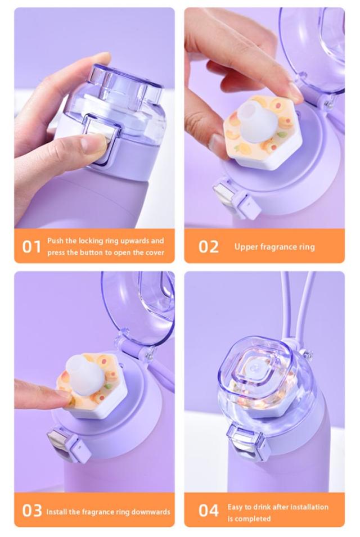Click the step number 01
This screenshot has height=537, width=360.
[31, 247]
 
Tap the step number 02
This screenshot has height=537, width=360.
[209, 247]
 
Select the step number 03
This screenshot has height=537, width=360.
[32, 511]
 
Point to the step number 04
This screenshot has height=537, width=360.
[209, 511]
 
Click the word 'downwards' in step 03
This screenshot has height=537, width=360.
[151, 512]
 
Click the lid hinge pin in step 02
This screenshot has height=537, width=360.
[327, 102]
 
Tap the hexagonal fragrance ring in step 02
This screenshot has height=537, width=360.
[262, 133]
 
